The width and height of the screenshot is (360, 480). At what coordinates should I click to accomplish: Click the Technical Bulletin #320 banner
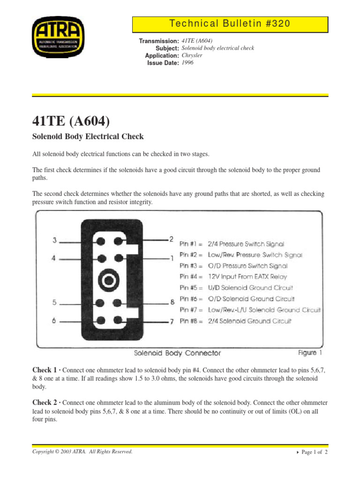click(230, 24)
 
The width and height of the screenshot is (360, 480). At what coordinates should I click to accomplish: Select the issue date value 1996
click(187, 63)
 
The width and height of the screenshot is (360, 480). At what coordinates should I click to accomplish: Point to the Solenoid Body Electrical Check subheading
click(88, 137)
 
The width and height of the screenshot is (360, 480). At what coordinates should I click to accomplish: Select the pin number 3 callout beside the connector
click(55, 241)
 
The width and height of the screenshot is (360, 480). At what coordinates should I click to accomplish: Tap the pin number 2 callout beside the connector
click(171, 239)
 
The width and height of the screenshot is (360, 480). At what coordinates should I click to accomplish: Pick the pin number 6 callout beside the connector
click(55, 321)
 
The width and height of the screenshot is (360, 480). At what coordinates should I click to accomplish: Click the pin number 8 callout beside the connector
click(172, 302)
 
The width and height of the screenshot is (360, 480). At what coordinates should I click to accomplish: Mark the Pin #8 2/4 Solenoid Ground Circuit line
click(236, 321)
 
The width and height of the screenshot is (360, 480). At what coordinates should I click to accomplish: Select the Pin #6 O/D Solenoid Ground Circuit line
click(237, 299)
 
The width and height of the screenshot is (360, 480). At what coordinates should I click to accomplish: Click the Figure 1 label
click(310, 352)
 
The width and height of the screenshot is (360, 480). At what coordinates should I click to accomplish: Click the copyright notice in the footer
click(82, 452)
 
